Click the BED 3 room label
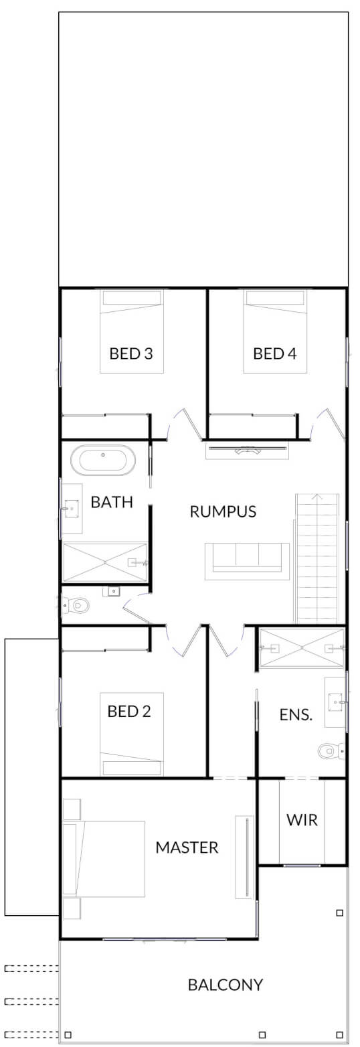click(x=131, y=353)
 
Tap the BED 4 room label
click(x=274, y=353)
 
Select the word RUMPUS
click(x=223, y=512)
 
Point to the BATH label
click(x=112, y=502)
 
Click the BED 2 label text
click(x=129, y=711)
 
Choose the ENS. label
click(x=296, y=714)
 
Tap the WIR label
click(x=302, y=820)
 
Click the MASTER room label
click(x=187, y=848)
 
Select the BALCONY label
click(x=226, y=985)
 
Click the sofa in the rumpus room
click(x=247, y=560)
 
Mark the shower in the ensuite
click(x=302, y=648)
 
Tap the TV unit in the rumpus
click(x=247, y=451)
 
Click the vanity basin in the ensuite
click(x=335, y=702)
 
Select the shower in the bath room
click(x=105, y=562)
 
